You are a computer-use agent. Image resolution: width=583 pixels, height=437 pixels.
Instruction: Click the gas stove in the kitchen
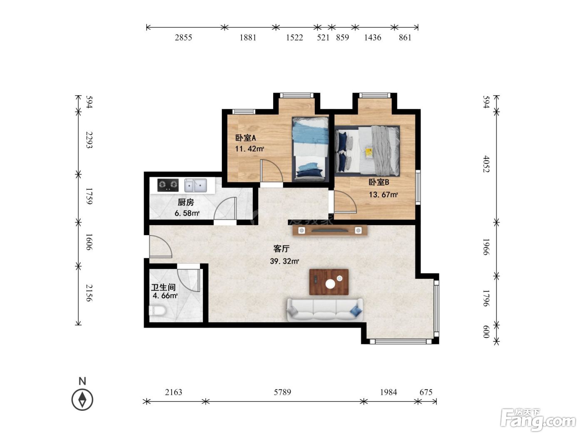(168, 185)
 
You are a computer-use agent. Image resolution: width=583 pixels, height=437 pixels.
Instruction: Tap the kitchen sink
(195, 185)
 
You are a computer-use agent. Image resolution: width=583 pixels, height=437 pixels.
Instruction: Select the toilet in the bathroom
(157, 310)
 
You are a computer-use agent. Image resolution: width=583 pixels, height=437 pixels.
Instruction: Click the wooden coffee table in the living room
(329, 282)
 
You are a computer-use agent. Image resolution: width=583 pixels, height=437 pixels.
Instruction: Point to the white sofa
(325, 310)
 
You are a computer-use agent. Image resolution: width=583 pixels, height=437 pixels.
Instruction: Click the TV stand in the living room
(330, 230)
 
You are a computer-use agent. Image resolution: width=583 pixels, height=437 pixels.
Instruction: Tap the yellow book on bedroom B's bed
(369, 153)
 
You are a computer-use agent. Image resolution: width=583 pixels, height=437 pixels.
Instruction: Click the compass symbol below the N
(82, 400)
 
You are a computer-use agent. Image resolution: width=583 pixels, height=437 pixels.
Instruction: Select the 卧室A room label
(245, 138)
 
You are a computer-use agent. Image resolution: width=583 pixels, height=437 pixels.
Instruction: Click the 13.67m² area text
(383, 195)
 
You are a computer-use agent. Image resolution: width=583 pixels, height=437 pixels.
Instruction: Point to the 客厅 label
(281, 248)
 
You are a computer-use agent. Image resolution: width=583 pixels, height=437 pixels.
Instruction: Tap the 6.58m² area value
(187, 213)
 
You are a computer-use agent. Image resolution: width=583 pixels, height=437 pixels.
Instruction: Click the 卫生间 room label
(163, 287)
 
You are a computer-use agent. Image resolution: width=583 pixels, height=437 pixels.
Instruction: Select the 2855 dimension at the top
(183, 37)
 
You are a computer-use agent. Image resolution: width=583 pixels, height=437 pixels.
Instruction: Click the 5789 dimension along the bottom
(282, 392)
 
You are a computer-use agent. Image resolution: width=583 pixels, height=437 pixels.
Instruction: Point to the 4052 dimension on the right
(486, 164)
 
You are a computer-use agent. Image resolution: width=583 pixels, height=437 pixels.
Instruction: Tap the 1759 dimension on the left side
(89, 196)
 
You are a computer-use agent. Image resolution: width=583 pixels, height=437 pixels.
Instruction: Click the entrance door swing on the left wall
(160, 246)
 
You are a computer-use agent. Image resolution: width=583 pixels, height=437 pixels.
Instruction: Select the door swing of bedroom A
(272, 171)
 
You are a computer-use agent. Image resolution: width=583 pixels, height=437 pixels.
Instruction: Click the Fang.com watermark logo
(538, 420)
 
